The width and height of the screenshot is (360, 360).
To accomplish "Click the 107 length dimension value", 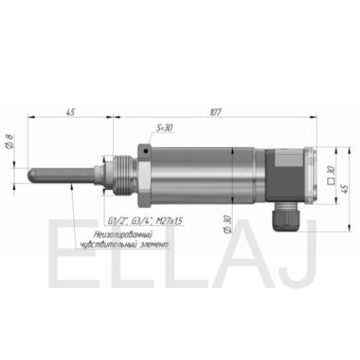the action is click(x=215, y=112).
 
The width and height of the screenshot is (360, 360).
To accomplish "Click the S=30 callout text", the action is click(x=165, y=127).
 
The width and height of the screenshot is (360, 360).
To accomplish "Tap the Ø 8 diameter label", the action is click(x=9, y=141).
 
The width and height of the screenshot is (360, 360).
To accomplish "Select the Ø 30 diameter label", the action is click(x=227, y=225).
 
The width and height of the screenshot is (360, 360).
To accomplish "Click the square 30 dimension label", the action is click(x=331, y=175).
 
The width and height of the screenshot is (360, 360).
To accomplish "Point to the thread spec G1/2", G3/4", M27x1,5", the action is click(x=145, y=221).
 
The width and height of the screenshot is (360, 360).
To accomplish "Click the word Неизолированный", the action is click(x=123, y=234).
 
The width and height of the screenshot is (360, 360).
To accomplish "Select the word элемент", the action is click(x=154, y=245).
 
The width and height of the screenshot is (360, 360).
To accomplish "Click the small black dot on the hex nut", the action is click(x=145, y=151).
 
